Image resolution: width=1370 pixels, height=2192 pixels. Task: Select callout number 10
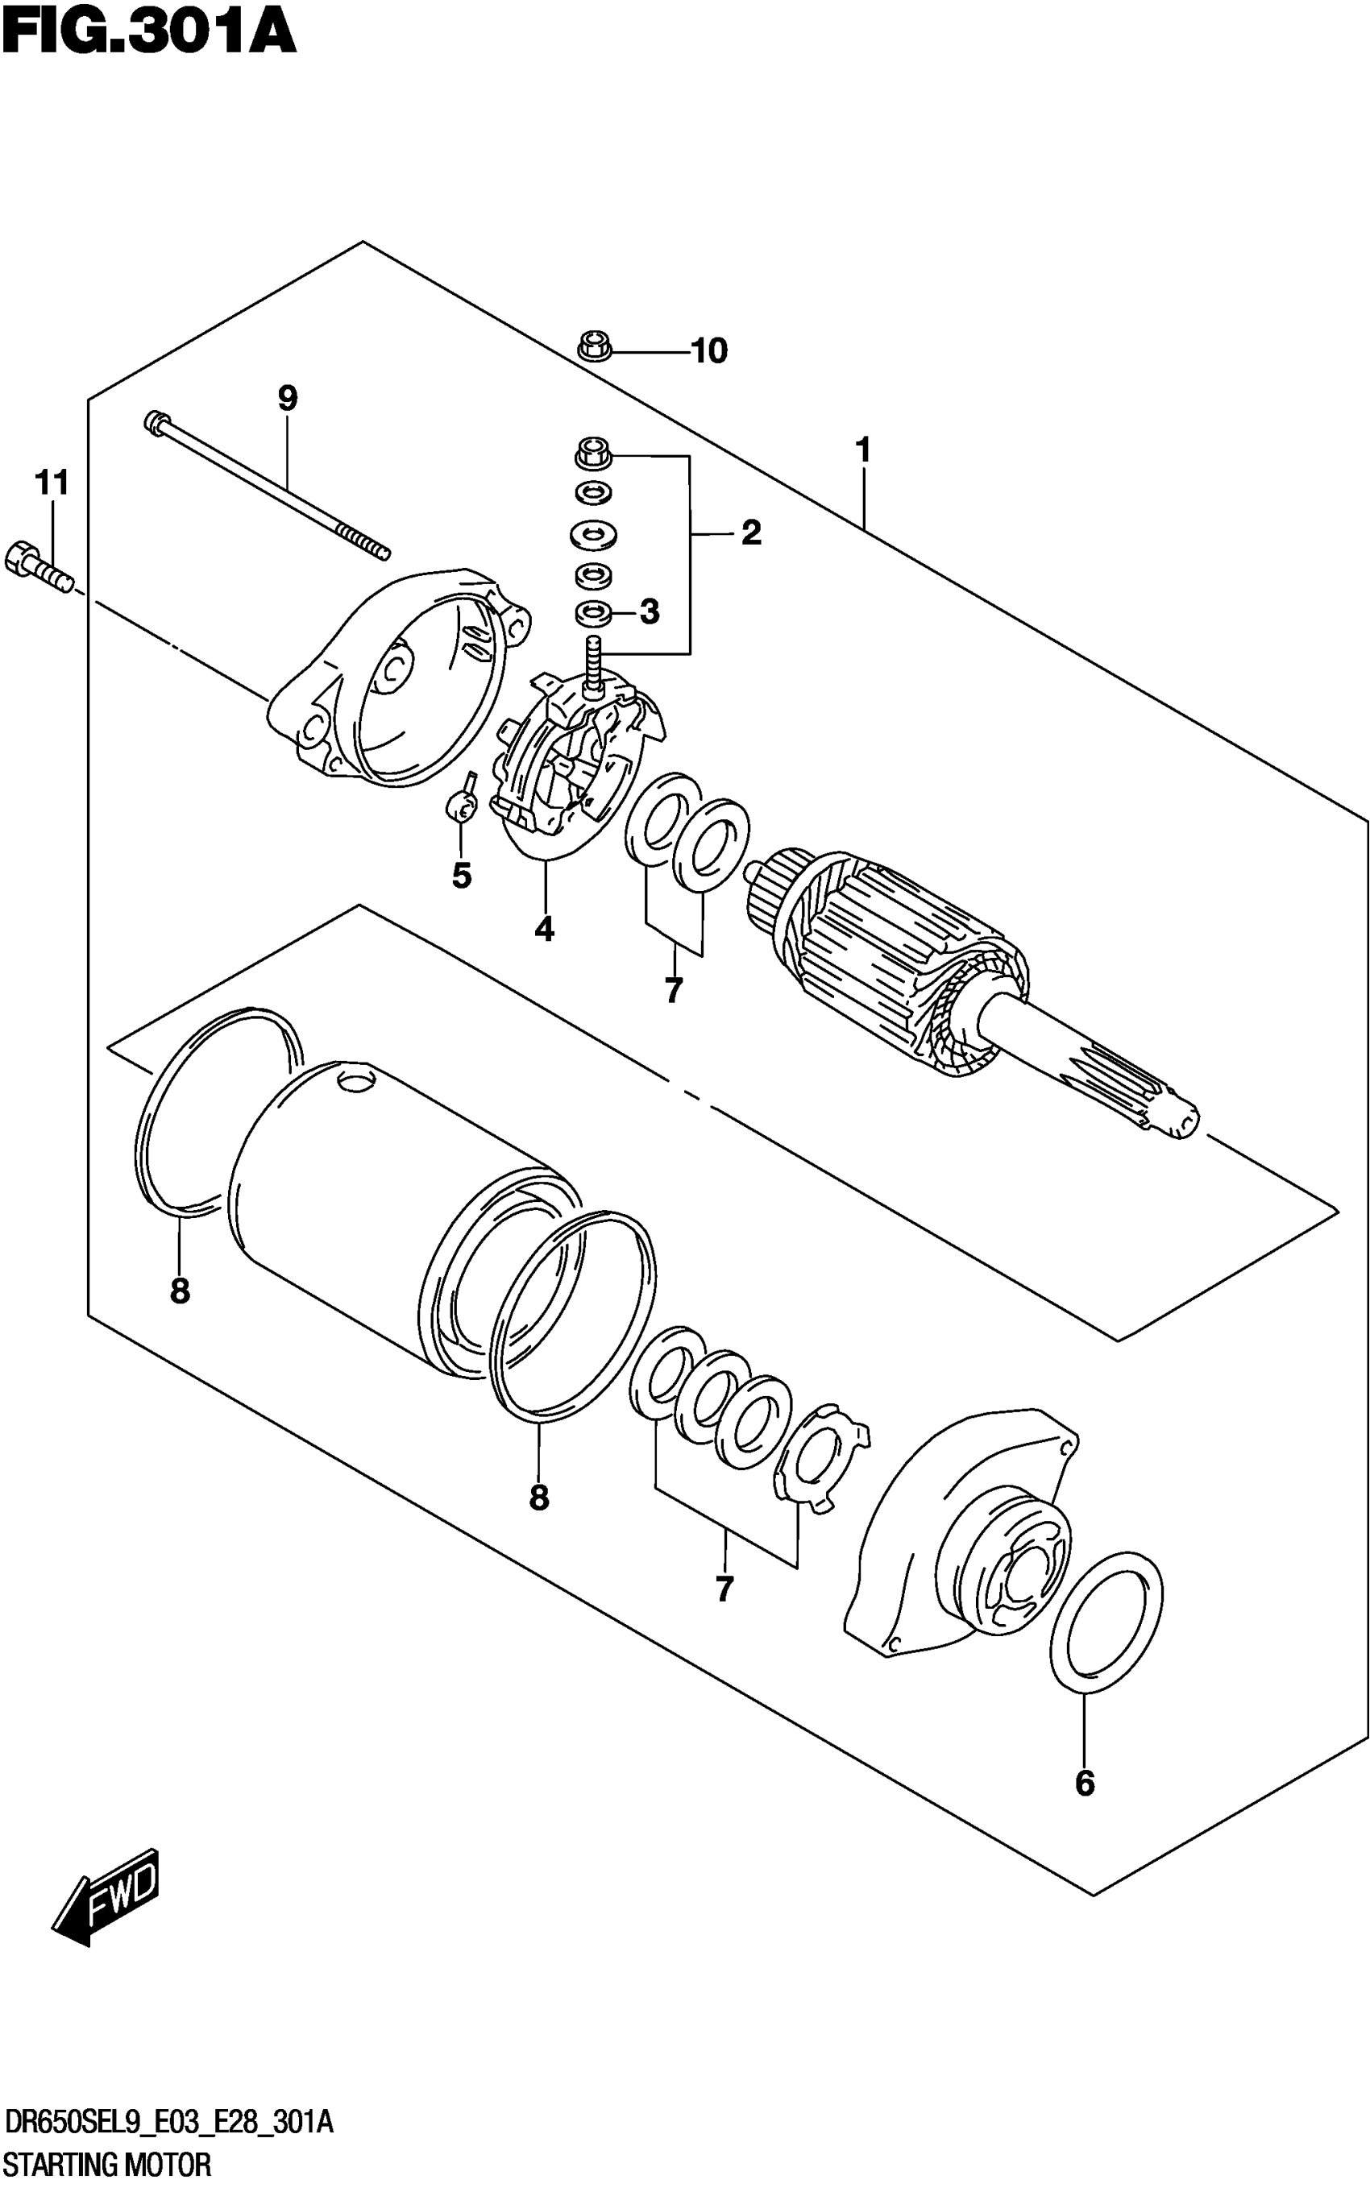coord(708,351)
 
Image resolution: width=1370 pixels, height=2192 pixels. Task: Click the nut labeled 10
coord(592,347)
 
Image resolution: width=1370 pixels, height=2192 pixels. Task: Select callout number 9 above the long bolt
coord(287,399)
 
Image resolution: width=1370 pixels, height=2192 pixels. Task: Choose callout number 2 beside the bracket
coord(751,533)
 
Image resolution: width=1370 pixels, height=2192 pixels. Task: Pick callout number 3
coord(650,612)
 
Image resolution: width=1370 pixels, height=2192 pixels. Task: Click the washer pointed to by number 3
coord(592,613)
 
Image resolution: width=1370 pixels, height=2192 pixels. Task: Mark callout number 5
coord(461,876)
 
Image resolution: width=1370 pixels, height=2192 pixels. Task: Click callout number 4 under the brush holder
coord(544,930)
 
